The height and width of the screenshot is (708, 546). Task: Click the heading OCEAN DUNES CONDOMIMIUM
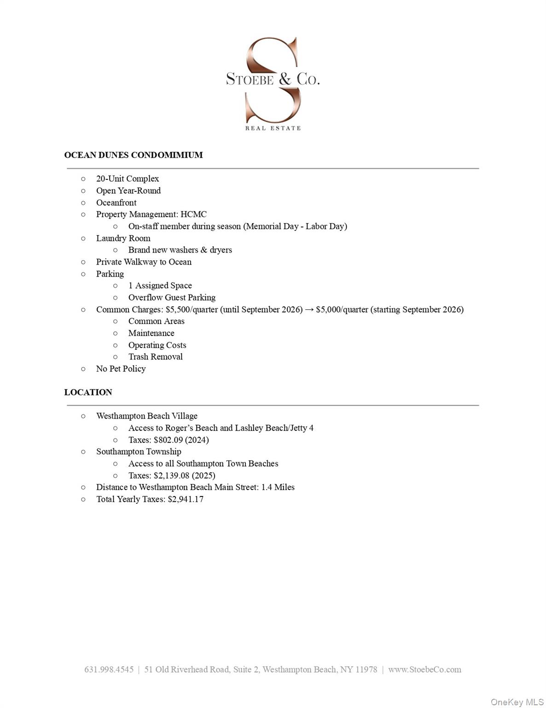point(134,155)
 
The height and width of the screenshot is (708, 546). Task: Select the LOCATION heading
point(88,392)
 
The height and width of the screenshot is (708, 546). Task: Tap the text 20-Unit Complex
point(128,179)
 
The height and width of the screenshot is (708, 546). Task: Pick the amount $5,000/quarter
point(342,309)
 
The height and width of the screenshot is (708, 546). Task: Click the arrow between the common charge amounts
point(309,309)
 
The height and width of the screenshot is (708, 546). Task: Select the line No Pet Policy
point(121,369)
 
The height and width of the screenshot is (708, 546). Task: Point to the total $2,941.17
point(186,499)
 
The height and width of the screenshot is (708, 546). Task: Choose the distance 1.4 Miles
point(278,487)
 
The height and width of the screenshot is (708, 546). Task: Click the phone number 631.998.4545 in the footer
point(109,669)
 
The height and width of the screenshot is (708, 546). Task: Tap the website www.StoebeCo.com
point(424,669)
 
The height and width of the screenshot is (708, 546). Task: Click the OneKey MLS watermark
point(517,702)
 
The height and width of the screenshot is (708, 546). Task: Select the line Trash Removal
point(155,357)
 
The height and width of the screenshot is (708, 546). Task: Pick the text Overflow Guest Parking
point(172,297)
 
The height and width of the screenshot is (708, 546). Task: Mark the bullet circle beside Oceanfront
point(83,203)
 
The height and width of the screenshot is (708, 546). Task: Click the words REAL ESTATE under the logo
point(273,128)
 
